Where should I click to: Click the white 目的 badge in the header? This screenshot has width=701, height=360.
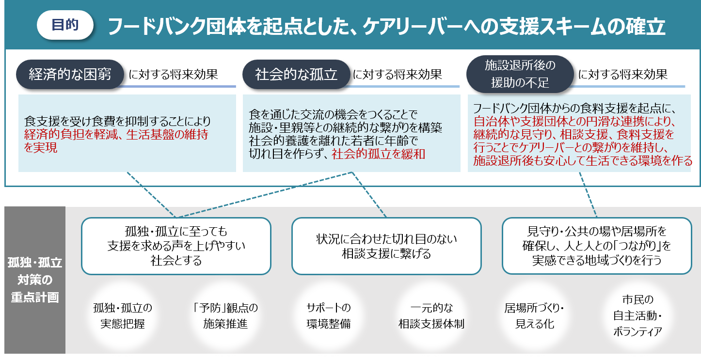pos(65,25)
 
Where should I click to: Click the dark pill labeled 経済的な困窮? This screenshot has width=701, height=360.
pos(70,75)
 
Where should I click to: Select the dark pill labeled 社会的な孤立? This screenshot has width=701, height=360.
pos(296,75)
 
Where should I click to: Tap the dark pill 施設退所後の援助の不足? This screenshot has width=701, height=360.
pos(520,75)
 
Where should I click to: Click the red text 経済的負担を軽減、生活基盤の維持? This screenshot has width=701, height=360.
pos(116,135)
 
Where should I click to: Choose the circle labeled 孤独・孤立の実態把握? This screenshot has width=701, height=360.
pos(122,316)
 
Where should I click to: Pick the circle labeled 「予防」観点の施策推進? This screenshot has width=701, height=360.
pos(225,316)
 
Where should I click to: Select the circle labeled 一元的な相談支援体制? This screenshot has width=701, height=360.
pos(431,316)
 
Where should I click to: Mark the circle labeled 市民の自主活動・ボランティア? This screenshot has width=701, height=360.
pos(637,316)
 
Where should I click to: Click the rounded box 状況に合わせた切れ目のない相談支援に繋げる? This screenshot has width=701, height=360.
pos(386,246)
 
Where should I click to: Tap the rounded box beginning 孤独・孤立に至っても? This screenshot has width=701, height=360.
pos(176,246)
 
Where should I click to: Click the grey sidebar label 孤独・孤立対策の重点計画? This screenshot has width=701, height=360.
pos(34,280)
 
